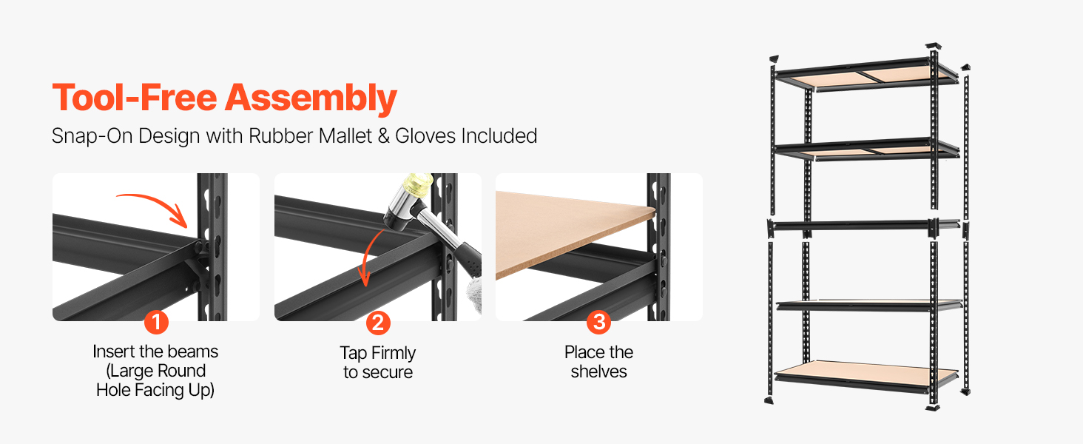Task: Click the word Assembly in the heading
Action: tap(311, 99)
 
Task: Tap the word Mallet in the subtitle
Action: tap(345, 135)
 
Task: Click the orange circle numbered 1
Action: tap(156, 322)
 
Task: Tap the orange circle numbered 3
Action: tap(598, 322)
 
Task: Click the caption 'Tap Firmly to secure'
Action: tap(377, 363)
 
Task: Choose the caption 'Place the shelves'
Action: tap(598, 362)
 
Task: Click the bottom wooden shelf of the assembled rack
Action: tap(866, 374)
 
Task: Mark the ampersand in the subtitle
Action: tap(384, 136)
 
